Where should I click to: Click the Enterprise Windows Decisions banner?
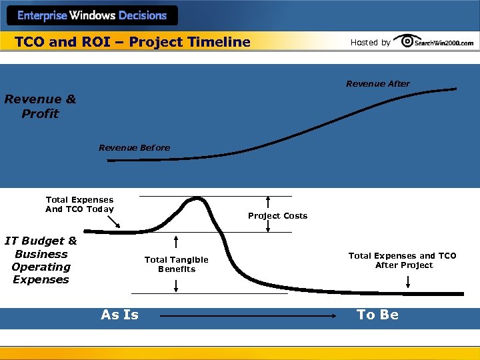tap(91, 15)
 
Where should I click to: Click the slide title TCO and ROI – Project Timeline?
tap(133, 42)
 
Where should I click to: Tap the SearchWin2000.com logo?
tap(433, 41)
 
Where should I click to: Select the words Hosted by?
tap(371, 43)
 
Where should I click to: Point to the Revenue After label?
tap(377, 83)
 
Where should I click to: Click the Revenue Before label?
tap(134, 147)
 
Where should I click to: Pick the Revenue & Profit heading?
tap(40, 107)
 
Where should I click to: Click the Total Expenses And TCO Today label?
tap(79, 204)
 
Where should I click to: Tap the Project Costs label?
tap(277, 215)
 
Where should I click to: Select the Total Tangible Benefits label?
tap(176, 264)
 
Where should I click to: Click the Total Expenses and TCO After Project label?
tap(402, 260)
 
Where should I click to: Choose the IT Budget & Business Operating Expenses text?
tap(41, 260)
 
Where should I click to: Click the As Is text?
tap(120, 315)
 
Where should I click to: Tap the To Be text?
tap(377, 315)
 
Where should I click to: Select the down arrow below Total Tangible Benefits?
tap(176, 285)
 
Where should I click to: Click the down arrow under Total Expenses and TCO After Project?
tap(408, 283)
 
